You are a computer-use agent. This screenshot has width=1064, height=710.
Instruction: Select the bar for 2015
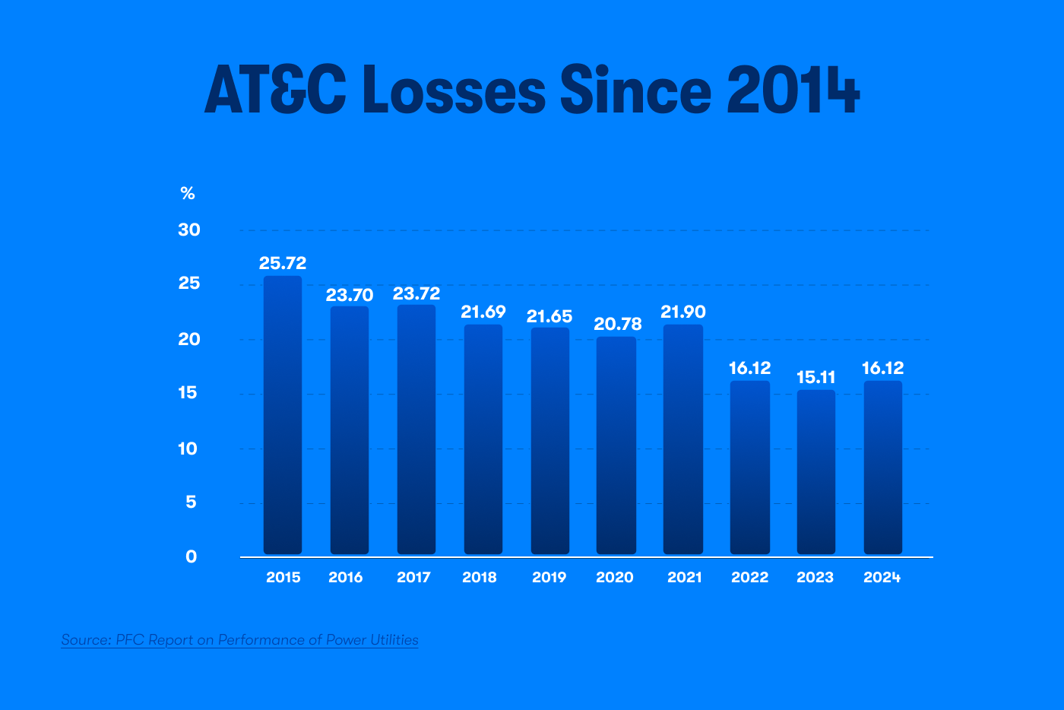283,414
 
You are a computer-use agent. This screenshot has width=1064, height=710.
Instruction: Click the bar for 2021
683,439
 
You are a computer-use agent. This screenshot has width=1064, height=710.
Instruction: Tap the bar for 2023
816,471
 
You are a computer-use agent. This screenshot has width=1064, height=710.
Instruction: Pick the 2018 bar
483,439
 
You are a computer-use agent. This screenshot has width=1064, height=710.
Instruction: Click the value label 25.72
283,263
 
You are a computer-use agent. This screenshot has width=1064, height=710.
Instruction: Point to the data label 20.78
618,324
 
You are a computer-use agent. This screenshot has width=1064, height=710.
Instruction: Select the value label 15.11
816,377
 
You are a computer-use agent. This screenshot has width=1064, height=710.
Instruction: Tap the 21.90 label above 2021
683,312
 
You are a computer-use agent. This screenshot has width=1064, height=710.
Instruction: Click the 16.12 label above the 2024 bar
882,368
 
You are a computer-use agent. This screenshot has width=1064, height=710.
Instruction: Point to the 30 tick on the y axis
189,230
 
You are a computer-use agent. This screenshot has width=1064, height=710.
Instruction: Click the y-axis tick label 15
188,393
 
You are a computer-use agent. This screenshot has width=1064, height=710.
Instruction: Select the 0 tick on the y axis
191,556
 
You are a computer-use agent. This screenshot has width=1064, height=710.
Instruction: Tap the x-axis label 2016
346,578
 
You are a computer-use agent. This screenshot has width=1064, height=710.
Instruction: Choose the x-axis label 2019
549,578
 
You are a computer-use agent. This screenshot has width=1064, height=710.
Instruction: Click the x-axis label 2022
750,578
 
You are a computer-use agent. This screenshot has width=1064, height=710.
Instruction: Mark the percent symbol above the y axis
188,194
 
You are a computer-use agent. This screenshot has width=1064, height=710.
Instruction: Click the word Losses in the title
454,90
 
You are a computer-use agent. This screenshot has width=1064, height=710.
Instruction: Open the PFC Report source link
239,640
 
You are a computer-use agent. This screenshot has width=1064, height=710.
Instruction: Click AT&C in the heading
275,90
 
